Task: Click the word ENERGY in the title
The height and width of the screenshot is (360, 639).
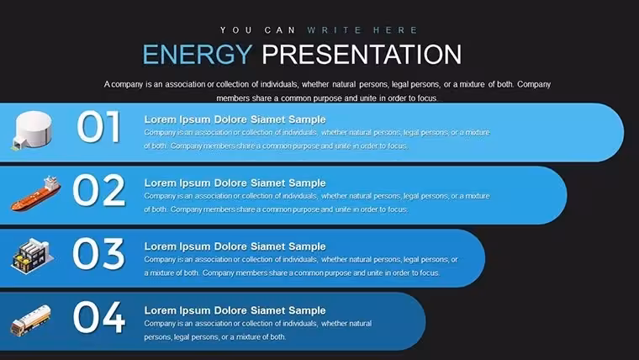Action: point(198,54)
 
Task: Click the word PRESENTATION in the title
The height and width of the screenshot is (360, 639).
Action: point(362,54)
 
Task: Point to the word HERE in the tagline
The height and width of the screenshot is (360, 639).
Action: point(395,30)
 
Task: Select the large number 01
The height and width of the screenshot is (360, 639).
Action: point(98,127)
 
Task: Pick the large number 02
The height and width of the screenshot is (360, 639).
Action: point(98,190)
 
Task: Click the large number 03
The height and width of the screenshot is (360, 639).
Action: point(98,254)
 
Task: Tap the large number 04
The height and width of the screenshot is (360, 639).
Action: point(98,318)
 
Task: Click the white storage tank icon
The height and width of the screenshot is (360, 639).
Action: point(32,130)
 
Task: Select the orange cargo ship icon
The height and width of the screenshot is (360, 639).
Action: point(35,193)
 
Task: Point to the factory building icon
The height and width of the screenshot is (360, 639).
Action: point(32,257)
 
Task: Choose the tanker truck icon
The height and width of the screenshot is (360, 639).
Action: point(30,320)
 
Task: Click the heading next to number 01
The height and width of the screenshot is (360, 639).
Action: point(235,119)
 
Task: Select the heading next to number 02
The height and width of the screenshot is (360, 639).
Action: point(235,183)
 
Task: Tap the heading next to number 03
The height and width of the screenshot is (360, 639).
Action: point(235,246)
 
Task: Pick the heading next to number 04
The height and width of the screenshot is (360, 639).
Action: point(235,310)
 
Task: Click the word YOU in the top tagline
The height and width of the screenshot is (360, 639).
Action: point(236,30)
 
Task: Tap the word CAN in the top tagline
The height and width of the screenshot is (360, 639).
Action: point(280,30)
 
